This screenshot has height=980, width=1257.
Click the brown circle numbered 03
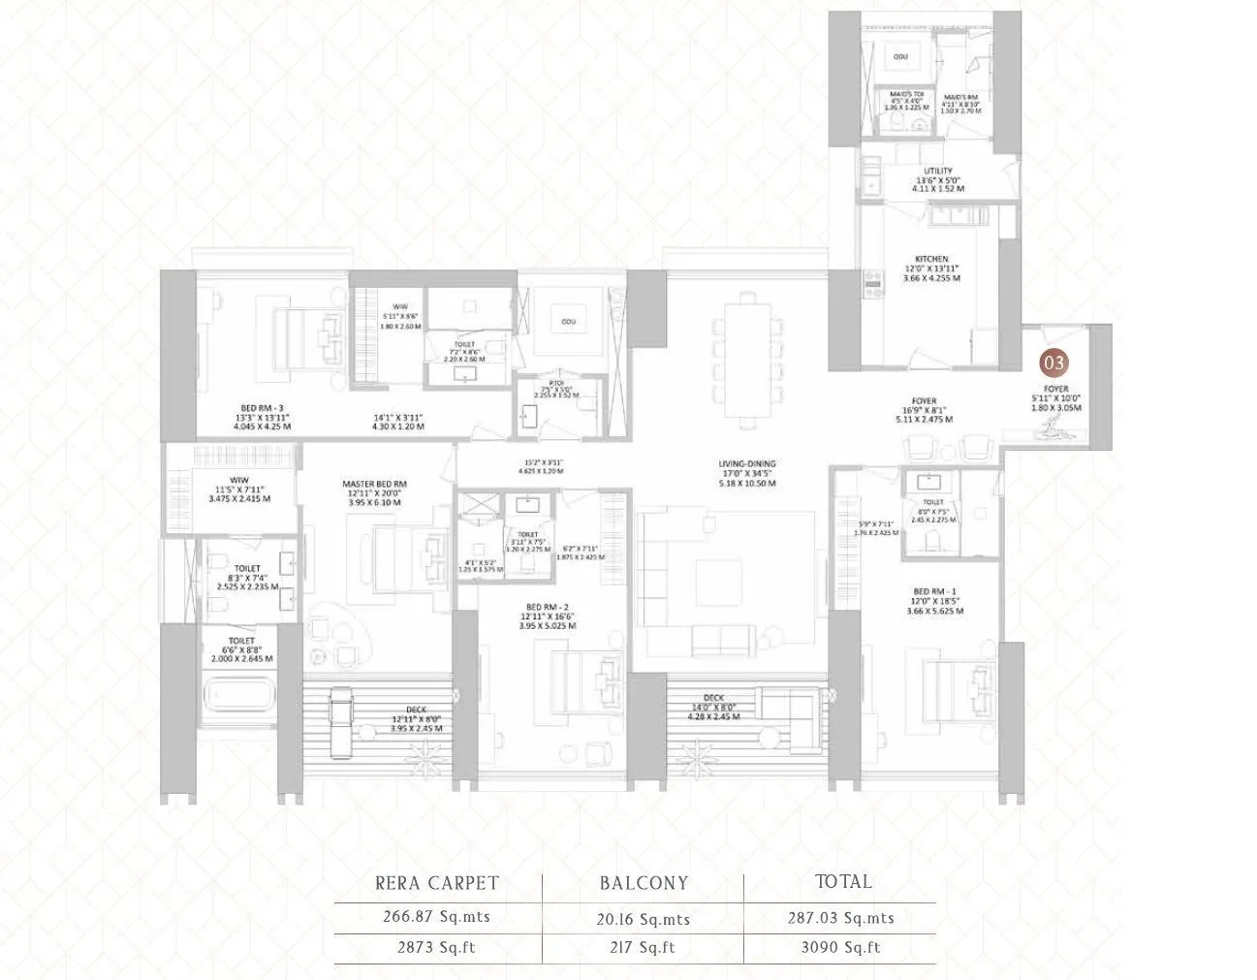point(1054,363)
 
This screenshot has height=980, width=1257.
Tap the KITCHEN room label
point(931,260)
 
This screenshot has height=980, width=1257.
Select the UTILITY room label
point(938,172)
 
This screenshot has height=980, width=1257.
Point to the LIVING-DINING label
point(746,464)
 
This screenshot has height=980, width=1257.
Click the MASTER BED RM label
point(374,484)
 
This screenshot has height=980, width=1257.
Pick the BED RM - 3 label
point(262,408)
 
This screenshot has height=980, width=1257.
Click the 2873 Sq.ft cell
point(436,948)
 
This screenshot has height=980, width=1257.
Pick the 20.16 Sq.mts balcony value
point(643,919)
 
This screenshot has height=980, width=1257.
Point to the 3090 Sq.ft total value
point(840,948)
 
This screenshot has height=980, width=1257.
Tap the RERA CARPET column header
point(437,883)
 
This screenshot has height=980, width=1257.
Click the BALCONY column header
point(644,883)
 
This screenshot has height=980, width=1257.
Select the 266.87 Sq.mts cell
point(436,917)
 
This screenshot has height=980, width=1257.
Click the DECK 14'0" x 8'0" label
point(713,698)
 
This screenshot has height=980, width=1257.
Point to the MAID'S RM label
point(961,96)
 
